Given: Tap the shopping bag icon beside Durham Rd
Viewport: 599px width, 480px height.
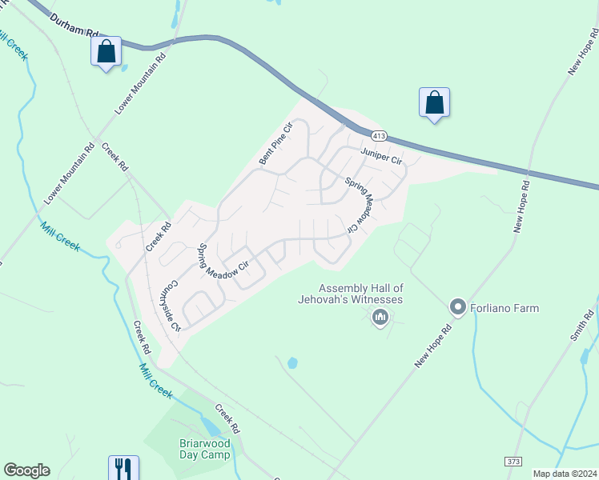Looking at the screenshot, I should [107, 53].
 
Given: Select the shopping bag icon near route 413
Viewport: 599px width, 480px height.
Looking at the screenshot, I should [434, 103].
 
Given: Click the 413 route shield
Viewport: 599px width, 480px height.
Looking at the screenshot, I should [376, 133].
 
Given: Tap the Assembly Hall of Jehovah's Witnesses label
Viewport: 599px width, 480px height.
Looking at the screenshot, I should [361, 294].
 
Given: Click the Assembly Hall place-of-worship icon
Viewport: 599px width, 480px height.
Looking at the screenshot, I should [380, 319].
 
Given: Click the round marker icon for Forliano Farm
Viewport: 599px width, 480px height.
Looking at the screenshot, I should [458, 307].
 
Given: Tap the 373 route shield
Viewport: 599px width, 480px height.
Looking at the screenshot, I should [513, 462].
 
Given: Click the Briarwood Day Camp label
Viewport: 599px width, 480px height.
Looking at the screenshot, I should [204, 449].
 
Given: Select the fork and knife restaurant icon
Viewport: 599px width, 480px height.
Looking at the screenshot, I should [123, 468].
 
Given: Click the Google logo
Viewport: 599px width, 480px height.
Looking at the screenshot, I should [26, 470].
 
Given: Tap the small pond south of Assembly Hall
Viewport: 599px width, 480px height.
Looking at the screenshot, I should [292, 363].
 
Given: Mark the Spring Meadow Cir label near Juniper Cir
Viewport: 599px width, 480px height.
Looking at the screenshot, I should [360, 205].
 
